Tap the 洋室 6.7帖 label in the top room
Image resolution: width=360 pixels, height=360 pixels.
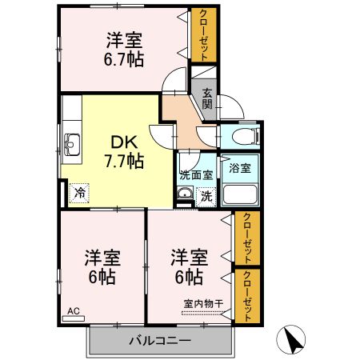(124, 49)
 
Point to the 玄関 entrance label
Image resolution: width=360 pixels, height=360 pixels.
(206, 98)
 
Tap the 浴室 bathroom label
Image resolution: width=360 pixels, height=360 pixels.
(240, 168)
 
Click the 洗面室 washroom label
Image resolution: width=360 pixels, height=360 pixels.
(195, 174)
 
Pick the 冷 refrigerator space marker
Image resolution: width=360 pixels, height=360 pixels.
(80, 191)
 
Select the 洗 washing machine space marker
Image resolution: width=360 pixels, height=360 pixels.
(206, 194)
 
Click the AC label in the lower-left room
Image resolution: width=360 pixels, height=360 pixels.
(73, 310)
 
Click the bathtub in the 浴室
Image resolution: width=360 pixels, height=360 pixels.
(239, 194)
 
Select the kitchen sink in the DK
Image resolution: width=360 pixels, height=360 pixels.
(70, 145)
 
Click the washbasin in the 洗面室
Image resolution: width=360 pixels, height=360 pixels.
(186, 194)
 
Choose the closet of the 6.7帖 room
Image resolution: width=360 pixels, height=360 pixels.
(202, 36)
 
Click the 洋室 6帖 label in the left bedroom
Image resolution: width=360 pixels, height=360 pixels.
(102, 267)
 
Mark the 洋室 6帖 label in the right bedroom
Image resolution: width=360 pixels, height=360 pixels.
(188, 267)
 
